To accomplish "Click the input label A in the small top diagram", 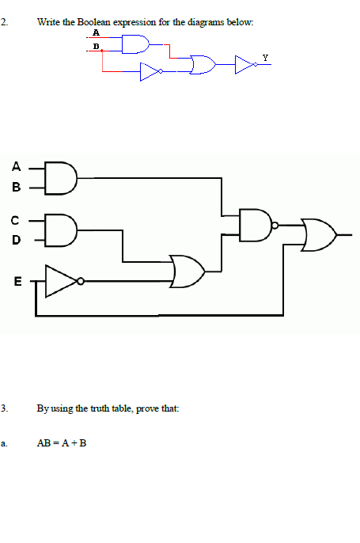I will [97, 33].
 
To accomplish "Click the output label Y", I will [265, 58].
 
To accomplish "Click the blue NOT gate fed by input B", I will [150, 73].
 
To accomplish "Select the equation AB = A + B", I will [62, 443].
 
